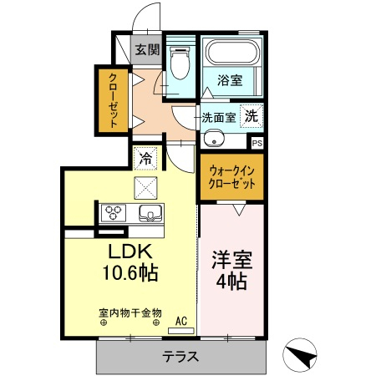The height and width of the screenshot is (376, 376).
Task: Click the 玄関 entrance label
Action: [x=148, y=49]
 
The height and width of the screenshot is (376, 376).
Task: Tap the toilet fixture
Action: [x=178, y=63]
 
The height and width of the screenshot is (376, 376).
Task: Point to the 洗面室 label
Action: [x=219, y=117]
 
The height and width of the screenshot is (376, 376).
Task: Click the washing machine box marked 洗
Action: [x=251, y=117]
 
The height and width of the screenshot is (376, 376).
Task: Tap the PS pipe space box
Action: [x=257, y=142]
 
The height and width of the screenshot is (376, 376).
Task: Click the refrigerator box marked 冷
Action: [x=145, y=156]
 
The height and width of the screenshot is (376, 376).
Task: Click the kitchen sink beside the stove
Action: [x=150, y=213]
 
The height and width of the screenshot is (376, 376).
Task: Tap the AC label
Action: [x=180, y=319]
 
